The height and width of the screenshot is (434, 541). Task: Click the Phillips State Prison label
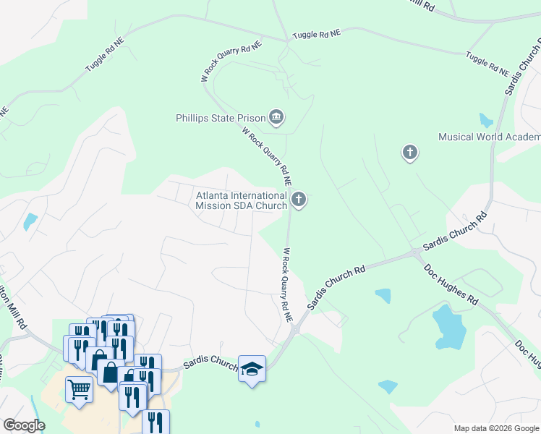pyautogui.click(x=221, y=117)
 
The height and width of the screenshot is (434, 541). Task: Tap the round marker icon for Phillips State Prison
pyautogui.click(x=276, y=116)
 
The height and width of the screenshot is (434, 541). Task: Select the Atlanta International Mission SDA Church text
pyautogui.click(x=242, y=200)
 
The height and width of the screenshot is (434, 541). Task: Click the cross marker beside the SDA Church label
pyautogui.click(x=299, y=199)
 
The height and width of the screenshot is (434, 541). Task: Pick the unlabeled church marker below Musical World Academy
pyautogui.click(x=410, y=153)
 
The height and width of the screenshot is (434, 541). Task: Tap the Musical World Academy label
pyautogui.click(x=489, y=137)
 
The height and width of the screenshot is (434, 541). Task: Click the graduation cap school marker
pyautogui.click(x=252, y=369)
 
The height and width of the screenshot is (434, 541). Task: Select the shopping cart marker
pyautogui.click(x=79, y=388)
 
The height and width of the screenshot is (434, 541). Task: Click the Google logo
pyautogui.click(x=24, y=425)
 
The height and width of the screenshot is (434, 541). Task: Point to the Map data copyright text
pyautogui.click(x=495, y=428)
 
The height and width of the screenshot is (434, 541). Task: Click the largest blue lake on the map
pyautogui.click(x=449, y=327)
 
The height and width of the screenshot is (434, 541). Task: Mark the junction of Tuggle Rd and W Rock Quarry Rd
pyautogui.click(x=287, y=41)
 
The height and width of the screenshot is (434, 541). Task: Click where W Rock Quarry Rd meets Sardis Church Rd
pyautogui.click(x=294, y=328)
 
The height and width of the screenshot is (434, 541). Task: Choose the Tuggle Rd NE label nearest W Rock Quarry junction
pyautogui.click(x=316, y=34)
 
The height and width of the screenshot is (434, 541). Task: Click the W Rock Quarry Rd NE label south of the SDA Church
pyautogui.click(x=287, y=285)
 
